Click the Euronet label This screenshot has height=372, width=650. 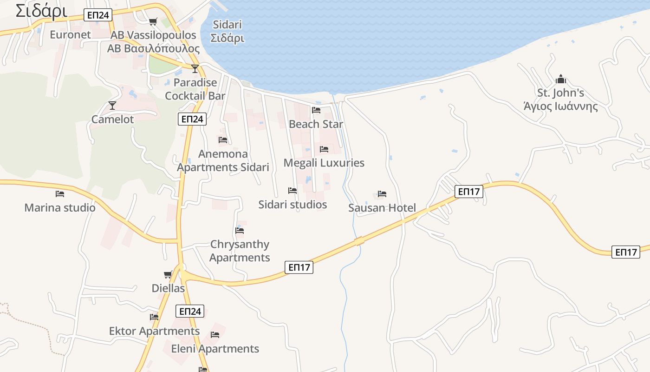pos(71,34)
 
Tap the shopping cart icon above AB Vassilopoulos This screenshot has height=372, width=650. pos(153,21)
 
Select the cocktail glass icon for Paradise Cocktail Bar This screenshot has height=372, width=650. pos(195,69)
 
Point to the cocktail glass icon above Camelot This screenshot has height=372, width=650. pos(112,106)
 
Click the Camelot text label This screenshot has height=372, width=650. pos(112,119)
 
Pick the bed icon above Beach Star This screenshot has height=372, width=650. pos(316,110)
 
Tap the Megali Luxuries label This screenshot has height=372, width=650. pos(324,163)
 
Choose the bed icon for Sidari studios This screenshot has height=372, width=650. pos(292,191)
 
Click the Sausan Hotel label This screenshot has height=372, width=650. pos(382,208)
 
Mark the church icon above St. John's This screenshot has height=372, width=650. pos(561,79)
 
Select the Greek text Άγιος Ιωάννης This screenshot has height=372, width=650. pos(560,106)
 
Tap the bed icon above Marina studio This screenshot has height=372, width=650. pos(60,194)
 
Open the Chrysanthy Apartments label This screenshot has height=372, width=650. pos(240,251)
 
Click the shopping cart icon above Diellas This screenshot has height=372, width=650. pos(168,275)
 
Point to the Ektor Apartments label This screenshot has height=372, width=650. pos(154,331)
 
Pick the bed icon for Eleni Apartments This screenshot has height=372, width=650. pos(215,335)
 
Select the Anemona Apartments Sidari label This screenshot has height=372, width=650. pos(223,160)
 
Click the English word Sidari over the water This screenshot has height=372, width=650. pos(227,25)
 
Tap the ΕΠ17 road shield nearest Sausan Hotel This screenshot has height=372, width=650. pos(468,191)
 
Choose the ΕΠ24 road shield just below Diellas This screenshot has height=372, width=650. pos(190,311)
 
